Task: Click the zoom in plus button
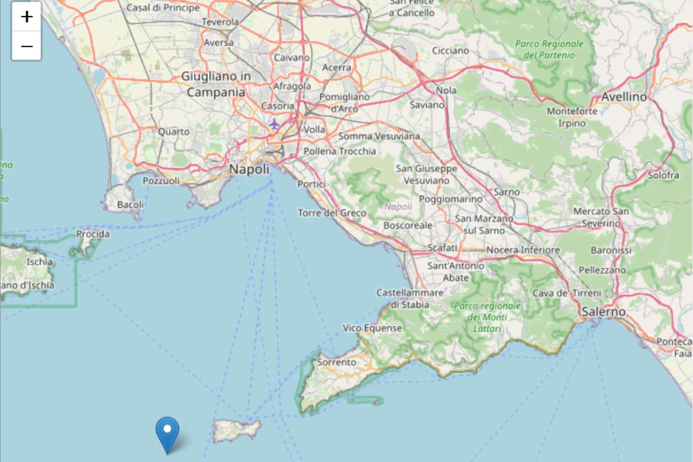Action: (x=27, y=17)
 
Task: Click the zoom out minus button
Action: (x=27, y=46)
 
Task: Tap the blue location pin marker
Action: (x=167, y=432)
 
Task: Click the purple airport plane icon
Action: (x=274, y=124)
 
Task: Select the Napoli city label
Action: (x=249, y=170)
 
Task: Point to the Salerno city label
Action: (x=603, y=312)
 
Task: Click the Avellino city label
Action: (x=624, y=97)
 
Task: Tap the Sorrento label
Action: (x=336, y=363)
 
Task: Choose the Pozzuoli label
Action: (x=161, y=181)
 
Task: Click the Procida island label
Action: (x=93, y=234)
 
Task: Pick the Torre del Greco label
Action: (x=332, y=213)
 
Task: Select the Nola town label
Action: (x=446, y=91)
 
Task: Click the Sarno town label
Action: (x=507, y=192)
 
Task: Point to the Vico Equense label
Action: (x=372, y=328)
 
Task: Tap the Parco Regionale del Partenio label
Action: (x=549, y=49)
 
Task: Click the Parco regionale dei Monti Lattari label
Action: (x=487, y=317)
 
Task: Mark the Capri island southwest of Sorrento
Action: (x=236, y=430)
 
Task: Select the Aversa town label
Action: (x=219, y=43)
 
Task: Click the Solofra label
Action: (x=663, y=175)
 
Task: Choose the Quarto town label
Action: (x=174, y=132)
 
